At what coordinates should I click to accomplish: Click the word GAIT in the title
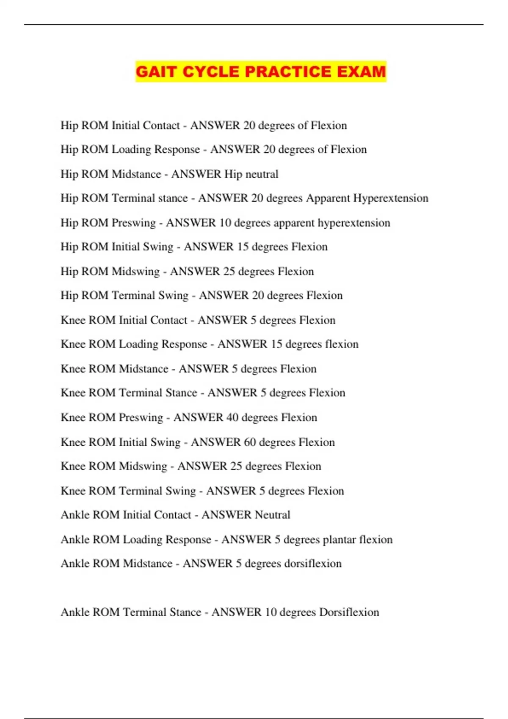point(156,71)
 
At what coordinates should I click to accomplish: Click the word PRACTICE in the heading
point(288,71)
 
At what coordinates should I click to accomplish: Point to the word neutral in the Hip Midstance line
point(263,174)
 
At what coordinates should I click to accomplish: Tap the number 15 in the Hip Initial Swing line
point(243,247)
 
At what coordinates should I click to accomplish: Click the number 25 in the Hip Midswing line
point(229,272)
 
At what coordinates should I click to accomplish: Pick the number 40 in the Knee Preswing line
point(232,418)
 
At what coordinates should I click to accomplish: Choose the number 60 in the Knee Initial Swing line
point(250,442)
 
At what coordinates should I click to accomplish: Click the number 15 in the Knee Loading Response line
point(276,344)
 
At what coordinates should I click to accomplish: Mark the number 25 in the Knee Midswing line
point(236,467)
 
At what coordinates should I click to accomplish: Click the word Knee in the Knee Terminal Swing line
point(73,491)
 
